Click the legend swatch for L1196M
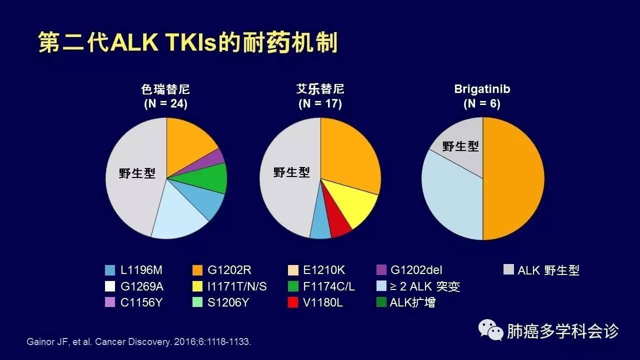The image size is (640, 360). tap(110, 270)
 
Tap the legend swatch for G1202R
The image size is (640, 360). tap(198, 270)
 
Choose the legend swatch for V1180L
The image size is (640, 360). tap(293, 302)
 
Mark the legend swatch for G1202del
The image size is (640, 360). tap(381, 270)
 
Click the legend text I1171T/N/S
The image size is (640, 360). tap(236, 286)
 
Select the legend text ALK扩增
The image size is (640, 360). tap(412, 302)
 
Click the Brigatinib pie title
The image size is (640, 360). tap(482, 89)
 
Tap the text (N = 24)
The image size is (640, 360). tap(165, 104)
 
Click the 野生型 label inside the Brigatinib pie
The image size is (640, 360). tap(460, 146)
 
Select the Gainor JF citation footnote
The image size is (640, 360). tap(138, 342)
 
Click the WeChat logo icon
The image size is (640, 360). tap(490, 330)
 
